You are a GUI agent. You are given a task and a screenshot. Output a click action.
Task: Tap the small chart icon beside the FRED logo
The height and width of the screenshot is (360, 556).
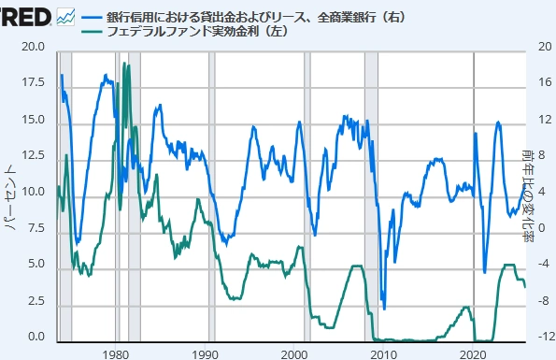click(65, 16)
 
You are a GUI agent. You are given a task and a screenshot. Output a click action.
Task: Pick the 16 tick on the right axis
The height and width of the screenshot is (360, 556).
click(539, 83)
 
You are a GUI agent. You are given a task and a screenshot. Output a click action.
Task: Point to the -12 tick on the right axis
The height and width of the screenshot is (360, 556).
click(539, 338)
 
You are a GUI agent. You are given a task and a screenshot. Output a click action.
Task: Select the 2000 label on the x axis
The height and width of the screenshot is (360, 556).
click(295, 353)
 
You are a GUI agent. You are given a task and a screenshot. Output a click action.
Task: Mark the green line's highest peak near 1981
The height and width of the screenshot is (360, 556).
click(124, 64)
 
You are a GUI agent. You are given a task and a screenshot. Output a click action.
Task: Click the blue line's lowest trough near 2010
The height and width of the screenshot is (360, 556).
click(384, 309)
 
